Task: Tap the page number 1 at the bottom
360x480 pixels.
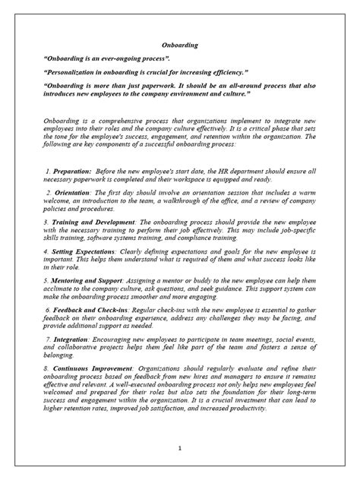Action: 179,449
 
